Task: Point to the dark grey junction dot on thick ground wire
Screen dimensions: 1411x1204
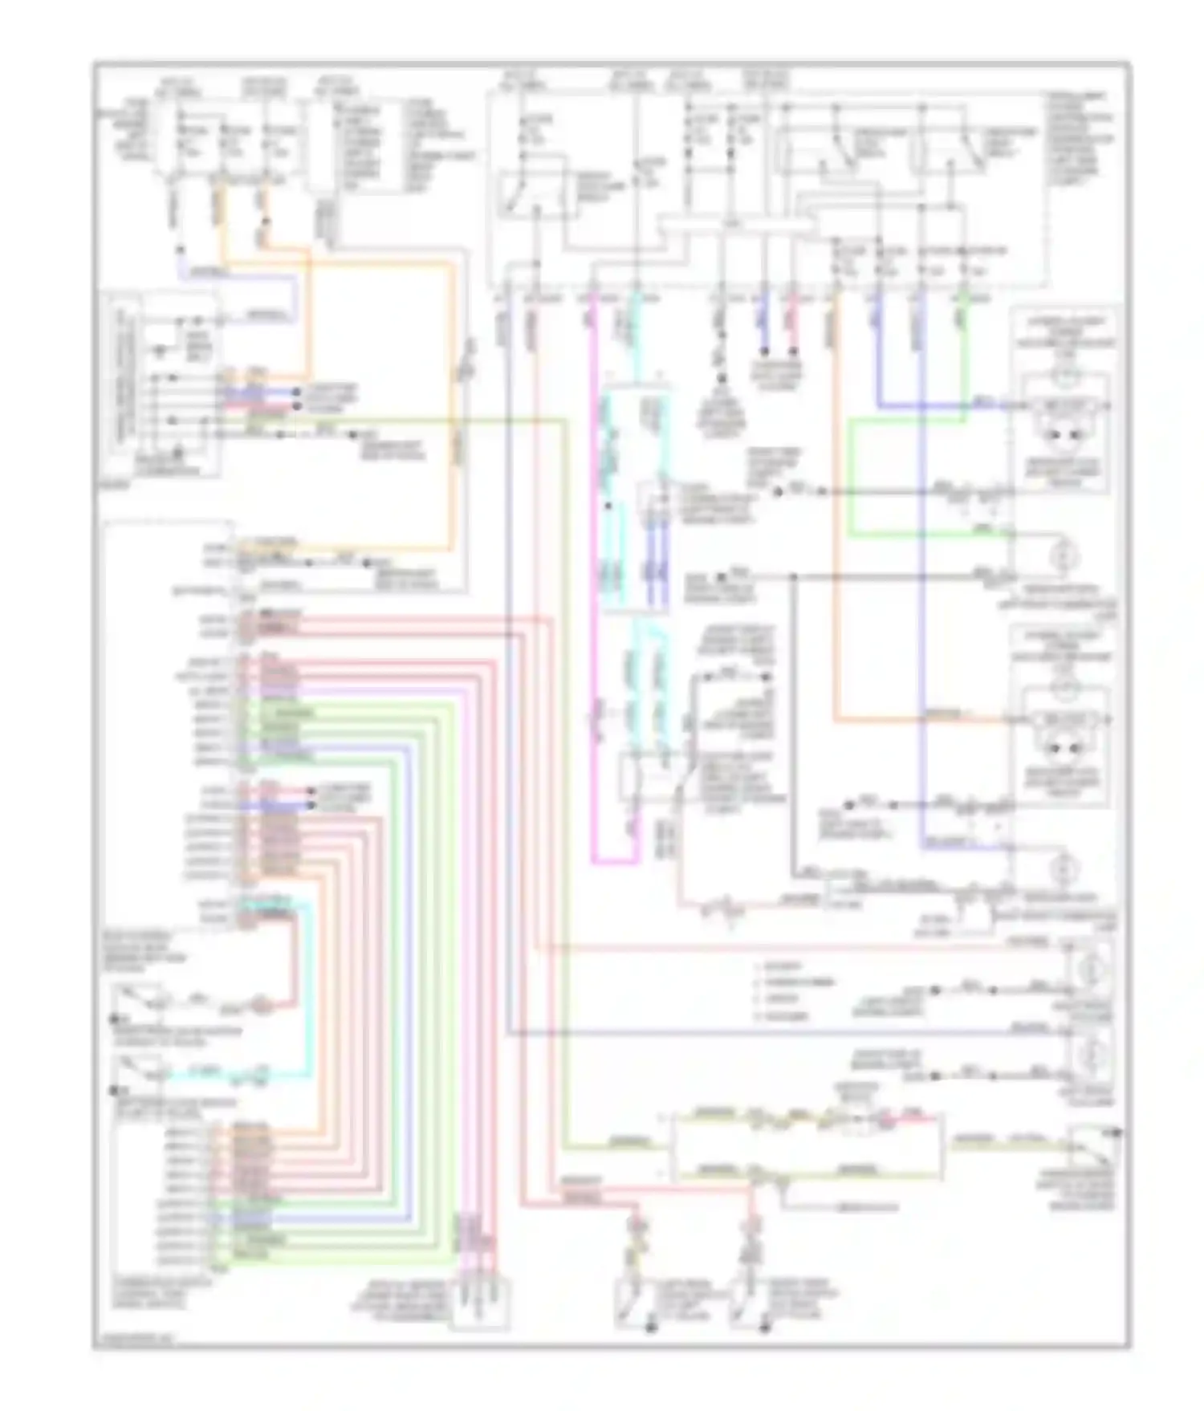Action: (x=793, y=576)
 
